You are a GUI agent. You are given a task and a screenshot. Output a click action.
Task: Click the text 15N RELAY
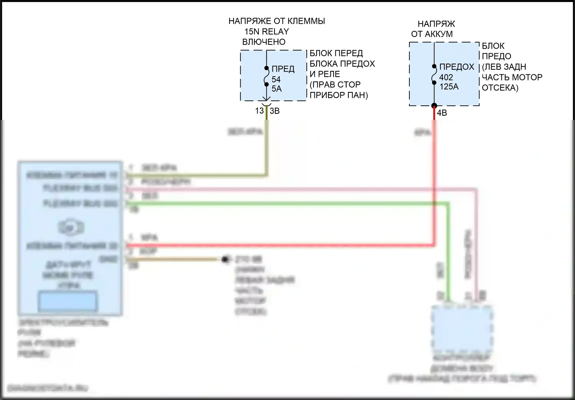pos(266,31)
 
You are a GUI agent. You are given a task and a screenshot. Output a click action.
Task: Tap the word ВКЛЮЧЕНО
pos(264,42)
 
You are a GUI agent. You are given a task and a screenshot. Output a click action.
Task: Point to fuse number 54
pos(276,79)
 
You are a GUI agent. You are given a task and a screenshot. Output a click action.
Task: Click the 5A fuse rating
pos(276,89)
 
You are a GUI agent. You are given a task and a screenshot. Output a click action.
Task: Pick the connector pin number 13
pos(260,111)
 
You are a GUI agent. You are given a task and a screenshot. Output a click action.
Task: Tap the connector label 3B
pos(275,111)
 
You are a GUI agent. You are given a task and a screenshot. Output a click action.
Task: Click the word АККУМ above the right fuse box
pos(438,34)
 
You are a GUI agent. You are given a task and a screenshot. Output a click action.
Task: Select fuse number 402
pos(446,77)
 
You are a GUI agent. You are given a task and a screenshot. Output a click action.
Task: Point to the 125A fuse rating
pos(449,87)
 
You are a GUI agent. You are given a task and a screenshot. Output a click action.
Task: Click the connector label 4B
pos(442,113)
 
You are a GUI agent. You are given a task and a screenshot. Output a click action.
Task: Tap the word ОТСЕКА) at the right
pos(500,88)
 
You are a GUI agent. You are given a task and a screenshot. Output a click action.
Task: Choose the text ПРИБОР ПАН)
pos(338,95)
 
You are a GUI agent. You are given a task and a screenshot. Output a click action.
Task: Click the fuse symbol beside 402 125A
pos(434,74)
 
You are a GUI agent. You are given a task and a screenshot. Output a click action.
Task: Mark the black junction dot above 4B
pos(434,106)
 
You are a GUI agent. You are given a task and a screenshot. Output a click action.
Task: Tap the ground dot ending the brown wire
pos(225,259)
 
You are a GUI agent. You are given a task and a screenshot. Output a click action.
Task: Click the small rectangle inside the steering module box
pos(67,301)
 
